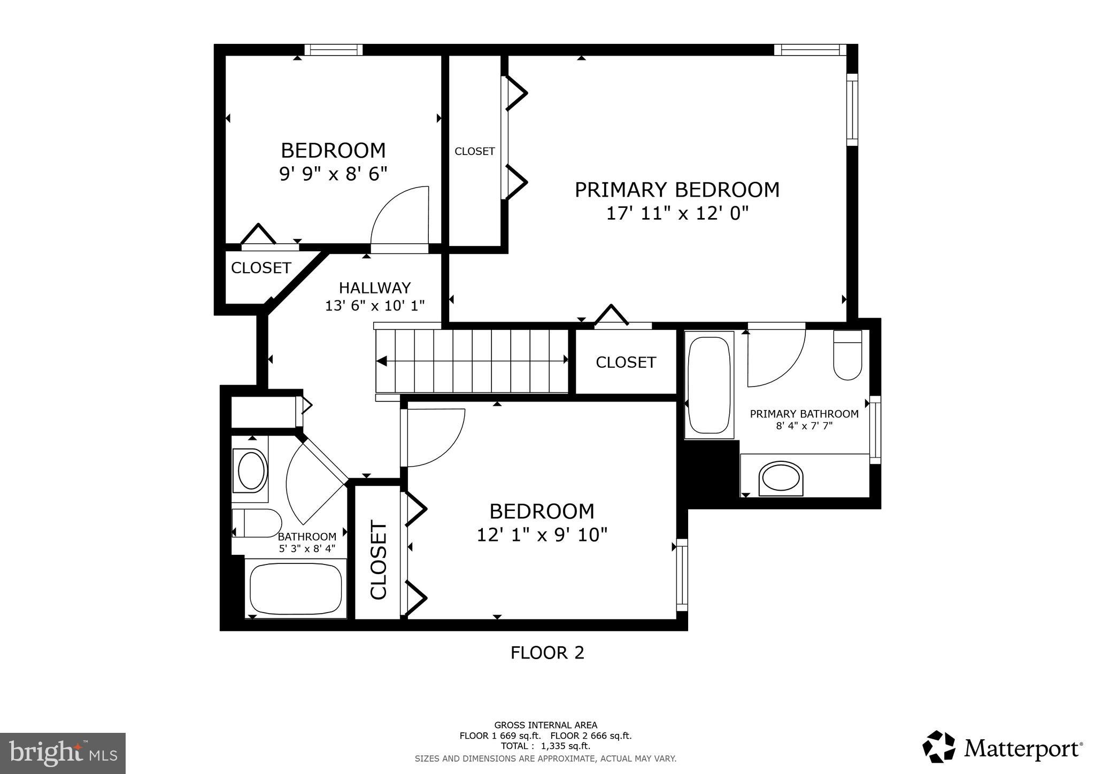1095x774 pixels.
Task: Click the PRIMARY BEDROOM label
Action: point(677,190)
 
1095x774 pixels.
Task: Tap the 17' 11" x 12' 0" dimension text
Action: point(677,214)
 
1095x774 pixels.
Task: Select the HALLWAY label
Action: point(375,288)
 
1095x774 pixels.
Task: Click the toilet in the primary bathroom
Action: point(847,355)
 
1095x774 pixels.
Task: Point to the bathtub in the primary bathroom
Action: point(708,385)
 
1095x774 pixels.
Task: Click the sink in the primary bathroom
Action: point(781,477)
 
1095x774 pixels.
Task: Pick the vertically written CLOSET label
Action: point(379,560)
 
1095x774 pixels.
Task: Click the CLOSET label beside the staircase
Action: point(626,362)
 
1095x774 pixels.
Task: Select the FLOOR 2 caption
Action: point(547,653)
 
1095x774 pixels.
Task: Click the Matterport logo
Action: point(1003,747)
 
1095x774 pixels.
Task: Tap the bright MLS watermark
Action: point(63,754)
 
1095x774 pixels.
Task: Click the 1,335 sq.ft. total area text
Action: point(545,746)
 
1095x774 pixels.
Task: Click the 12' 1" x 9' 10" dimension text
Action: point(542,535)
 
